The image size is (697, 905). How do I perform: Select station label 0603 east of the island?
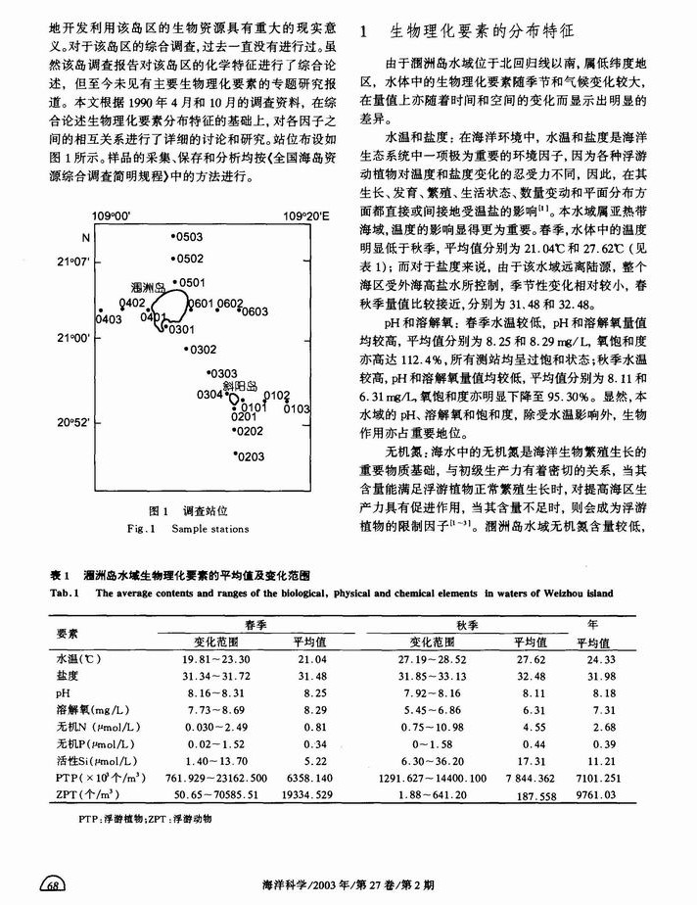point(255,311)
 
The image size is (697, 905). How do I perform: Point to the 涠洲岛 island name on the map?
point(147,291)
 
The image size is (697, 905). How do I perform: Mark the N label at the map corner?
point(85,238)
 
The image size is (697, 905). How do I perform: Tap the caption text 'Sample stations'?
point(209,529)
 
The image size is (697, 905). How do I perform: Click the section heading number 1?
point(364,32)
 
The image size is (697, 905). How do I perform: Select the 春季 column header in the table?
point(250,623)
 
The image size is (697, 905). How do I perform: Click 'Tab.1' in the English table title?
point(64,593)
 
